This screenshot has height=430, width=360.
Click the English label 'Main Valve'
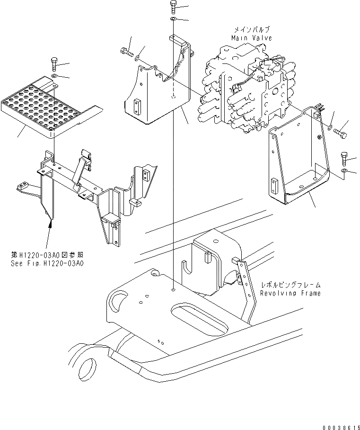(252, 38)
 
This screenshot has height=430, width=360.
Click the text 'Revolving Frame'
(290, 293)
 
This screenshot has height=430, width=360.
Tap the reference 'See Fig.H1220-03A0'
(47, 263)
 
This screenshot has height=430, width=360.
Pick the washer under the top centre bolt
(174, 19)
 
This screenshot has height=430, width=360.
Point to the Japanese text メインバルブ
(252, 30)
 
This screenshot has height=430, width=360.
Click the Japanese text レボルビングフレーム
(291, 285)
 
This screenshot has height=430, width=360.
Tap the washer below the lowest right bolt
(344, 170)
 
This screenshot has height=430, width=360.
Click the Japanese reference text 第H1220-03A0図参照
(47, 255)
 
